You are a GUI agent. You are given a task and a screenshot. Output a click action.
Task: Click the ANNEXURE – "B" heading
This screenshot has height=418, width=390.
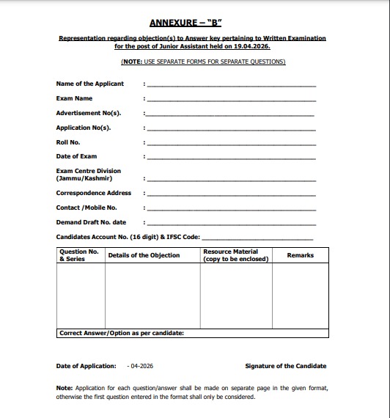195,23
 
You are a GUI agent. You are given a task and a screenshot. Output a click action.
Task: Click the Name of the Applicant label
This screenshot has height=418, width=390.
90,84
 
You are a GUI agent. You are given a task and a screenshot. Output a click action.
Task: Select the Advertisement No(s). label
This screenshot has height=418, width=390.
89,113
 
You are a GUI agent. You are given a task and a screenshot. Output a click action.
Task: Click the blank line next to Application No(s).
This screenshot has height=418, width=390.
231,130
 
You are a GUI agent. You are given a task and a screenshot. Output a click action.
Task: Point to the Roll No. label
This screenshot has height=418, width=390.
68,142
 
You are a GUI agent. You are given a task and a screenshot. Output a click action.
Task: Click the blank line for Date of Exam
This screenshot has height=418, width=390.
231,158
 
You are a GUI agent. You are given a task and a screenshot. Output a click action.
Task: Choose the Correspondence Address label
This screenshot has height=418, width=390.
94,193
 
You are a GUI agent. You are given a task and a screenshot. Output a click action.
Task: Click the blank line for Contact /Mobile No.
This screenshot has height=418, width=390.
231,209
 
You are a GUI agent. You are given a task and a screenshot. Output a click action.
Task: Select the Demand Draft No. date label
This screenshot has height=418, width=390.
91,222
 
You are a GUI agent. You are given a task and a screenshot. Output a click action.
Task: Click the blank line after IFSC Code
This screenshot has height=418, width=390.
257,239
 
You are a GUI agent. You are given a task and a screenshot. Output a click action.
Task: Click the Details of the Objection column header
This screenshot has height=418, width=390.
144,255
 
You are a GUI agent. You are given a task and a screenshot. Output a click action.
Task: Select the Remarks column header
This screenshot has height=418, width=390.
300,255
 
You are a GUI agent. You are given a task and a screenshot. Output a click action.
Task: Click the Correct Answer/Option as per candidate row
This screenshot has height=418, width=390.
121,333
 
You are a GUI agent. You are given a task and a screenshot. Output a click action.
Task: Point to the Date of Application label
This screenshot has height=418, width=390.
86,366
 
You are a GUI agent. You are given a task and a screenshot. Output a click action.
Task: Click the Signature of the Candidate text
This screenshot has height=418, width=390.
286,366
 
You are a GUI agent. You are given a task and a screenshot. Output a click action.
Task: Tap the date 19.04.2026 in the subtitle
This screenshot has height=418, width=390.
259,45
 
